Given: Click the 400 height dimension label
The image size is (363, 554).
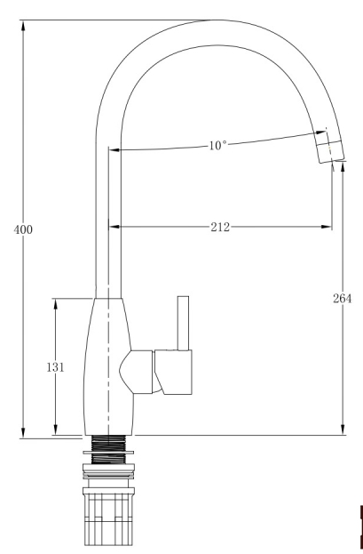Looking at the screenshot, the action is coord(23,229).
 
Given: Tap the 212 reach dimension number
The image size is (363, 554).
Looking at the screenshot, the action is coord(220,227).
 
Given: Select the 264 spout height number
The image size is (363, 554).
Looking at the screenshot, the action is coord(343,299).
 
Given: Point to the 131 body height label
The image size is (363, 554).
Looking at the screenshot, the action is coord(55,367).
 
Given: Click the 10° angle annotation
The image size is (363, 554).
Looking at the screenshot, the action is coord(217,145).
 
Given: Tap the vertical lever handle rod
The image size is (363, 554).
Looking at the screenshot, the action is coord(183,324).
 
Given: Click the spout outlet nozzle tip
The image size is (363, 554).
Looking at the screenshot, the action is coord(331,151).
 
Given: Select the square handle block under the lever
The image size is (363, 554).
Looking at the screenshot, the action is coord(174,372).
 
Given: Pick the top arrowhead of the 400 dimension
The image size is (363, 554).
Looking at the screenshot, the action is coord(23,26).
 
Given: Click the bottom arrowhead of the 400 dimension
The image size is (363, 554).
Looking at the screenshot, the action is coord(23,433).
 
